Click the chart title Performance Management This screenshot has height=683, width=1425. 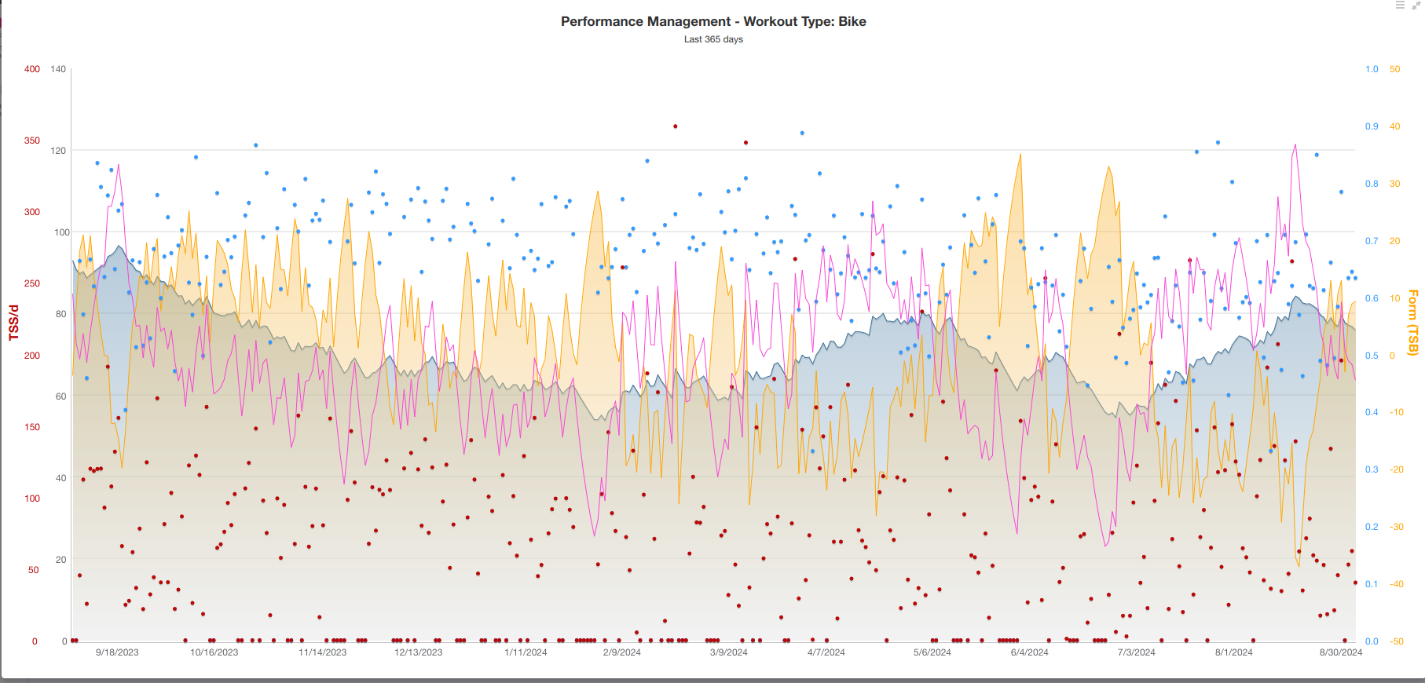point(713,22)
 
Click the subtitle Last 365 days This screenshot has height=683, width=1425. point(713,39)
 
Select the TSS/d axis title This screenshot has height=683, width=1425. point(13,323)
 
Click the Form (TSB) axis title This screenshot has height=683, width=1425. point(1413,323)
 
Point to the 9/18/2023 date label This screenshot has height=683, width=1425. point(117,652)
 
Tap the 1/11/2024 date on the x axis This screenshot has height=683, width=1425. point(526,652)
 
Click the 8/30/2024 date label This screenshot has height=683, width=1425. point(1341,652)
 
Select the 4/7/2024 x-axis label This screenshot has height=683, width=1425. point(826,652)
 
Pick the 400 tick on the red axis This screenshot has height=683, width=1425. point(32,69)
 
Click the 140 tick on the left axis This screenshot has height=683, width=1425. point(58,69)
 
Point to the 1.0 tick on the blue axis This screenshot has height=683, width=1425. point(1372,69)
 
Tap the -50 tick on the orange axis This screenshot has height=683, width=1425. point(1396,641)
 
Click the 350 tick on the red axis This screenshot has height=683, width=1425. point(32,141)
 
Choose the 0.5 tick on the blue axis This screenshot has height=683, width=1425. point(1372,356)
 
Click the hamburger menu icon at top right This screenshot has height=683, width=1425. point(1400,5)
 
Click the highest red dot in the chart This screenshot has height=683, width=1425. point(675,126)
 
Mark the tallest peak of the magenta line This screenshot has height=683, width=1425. point(1295,145)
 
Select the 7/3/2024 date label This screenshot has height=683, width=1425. point(1136,652)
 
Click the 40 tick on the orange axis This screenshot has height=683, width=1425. point(1394,126)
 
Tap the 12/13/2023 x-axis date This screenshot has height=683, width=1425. point(418,652)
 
